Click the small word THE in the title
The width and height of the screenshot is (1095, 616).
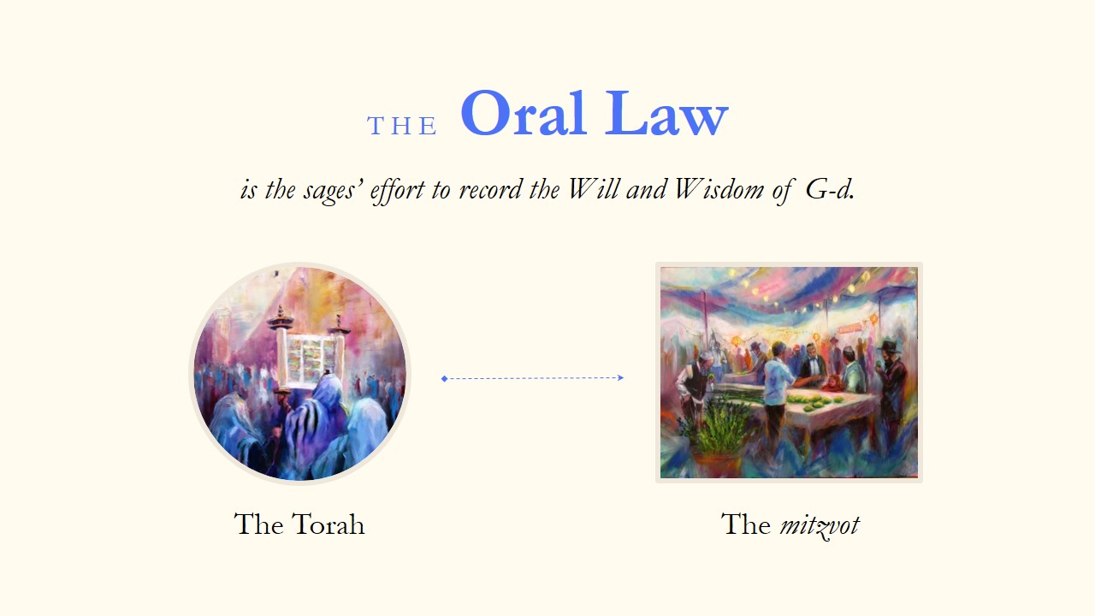point(402,126)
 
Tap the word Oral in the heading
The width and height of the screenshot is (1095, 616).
point(524,113)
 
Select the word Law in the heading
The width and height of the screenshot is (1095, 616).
point(666,113)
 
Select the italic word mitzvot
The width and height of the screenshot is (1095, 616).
point(820,526)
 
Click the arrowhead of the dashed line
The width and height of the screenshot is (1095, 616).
point(620,377)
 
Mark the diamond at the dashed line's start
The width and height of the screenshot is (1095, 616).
point(444,378)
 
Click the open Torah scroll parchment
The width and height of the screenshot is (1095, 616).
point(311,361)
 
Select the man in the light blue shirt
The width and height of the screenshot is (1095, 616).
point(778,386)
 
